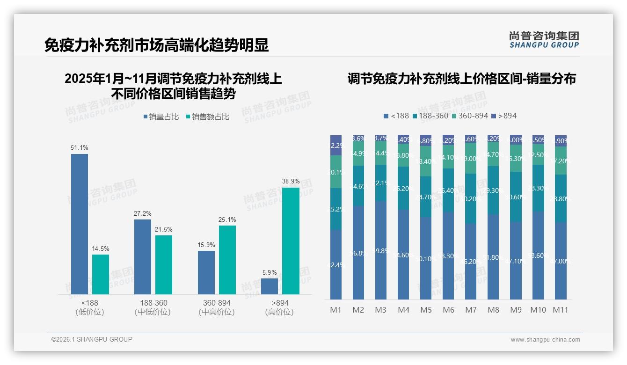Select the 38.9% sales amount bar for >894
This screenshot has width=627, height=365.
coord(291,241)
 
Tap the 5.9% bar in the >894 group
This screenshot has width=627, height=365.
coord(270,286)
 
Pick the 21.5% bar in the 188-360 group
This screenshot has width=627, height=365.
coord(164,264)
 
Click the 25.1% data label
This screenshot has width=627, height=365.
coord(227,219)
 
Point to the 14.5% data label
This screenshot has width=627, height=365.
coord(100,248)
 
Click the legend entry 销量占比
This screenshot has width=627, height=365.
coord(161,117)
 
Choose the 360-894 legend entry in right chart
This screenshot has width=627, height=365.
coord(469,116)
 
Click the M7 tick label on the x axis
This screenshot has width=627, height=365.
coord(471,310)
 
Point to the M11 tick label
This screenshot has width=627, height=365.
coord(560,310)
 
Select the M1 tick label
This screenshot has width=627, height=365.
coord(336,310)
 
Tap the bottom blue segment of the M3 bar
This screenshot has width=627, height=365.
coord(381,250)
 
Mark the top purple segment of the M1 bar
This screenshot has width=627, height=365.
coord(336,145)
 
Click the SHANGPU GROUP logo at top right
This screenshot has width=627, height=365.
coord(544,40)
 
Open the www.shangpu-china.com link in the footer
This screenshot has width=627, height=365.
coord(545,340)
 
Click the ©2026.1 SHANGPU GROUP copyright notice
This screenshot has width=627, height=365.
coord(92,339)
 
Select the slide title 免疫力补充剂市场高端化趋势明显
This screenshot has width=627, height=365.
coord(156,45)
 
